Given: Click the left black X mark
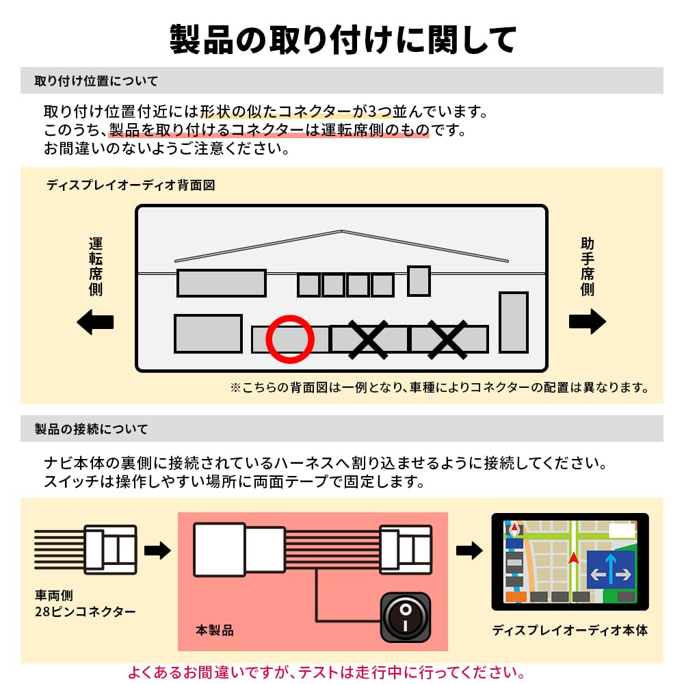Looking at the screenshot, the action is click(x=368, y=340).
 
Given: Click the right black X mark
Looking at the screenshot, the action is click(x=447, y=340).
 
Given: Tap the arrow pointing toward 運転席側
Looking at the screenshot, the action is click(x=95, y=322).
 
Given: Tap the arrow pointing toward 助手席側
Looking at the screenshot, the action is click(x=587, y=321).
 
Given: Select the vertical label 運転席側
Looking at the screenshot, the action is click(x=96, y=267).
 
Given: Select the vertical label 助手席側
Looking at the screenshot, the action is click(x=587, y=267).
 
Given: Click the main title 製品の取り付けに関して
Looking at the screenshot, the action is click(x=343, y=40).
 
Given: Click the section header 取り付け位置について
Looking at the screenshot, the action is click(x=96, y=81).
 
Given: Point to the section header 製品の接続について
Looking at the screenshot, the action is click(x=91, y=429).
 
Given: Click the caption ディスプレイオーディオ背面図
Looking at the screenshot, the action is click(x=131, y=185).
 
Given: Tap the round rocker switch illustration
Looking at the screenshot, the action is click(x=405, y=617).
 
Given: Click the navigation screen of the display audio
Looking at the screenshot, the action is click(x=570, y=562).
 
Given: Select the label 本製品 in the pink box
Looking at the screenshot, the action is click(x=215, y=630).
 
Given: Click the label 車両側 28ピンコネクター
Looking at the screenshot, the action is click(x=85, y=603).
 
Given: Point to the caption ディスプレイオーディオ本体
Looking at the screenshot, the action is click(x=570, y=630).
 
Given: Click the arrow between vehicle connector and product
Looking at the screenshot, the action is click(x=157, y=550).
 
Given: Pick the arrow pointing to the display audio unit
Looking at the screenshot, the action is click(x=469, y=550).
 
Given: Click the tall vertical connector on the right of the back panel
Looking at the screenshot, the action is click(x=514, y=322).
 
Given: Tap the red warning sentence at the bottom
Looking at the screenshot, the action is click(x=326, y=672).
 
